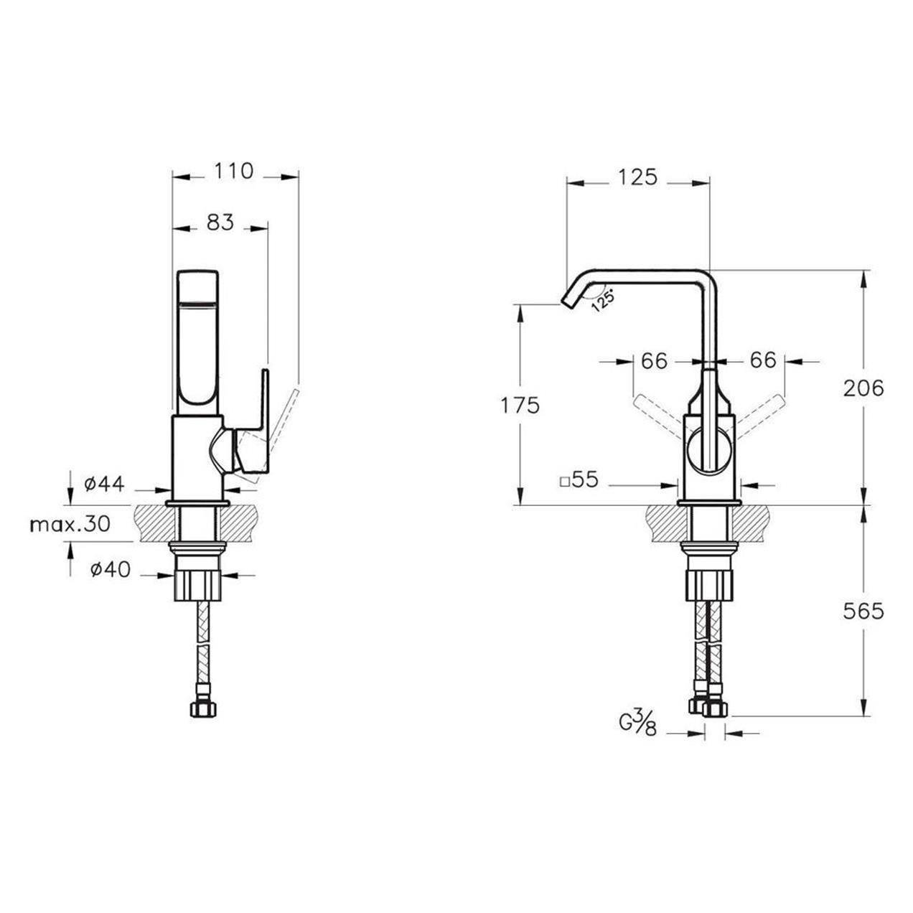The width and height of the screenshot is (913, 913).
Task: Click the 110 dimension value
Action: tap(234, 171)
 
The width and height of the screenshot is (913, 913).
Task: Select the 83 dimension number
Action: tap(221, 223)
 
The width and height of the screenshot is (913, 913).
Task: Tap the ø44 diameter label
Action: tap(104, 484)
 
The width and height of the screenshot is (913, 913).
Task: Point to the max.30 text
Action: tap(70, 524)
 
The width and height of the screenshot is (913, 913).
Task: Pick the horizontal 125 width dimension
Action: tap(637, 177)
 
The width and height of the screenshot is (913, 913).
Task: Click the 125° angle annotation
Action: tap(603, 300)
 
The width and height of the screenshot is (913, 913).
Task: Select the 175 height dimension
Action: tap(520, 406)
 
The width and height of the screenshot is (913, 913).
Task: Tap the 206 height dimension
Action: tap(863, 388)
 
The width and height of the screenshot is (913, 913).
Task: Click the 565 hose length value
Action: tap(863, 612)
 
